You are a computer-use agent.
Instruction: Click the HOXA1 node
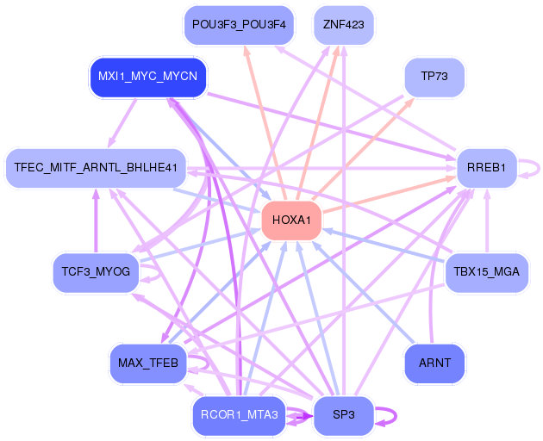[291, 220]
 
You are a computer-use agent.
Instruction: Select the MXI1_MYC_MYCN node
[148, 77]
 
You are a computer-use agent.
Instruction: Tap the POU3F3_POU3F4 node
[239, 24]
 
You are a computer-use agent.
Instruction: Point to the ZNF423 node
[343, 24]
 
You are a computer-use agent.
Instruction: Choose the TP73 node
[434, 77]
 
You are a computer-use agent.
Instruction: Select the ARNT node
[434, 363]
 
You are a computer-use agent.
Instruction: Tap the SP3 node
[343, 415]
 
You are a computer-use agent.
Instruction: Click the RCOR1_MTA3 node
[239, 415]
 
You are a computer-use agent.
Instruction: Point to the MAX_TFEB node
[148, 363]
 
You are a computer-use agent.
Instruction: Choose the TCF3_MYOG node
[96, 272]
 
